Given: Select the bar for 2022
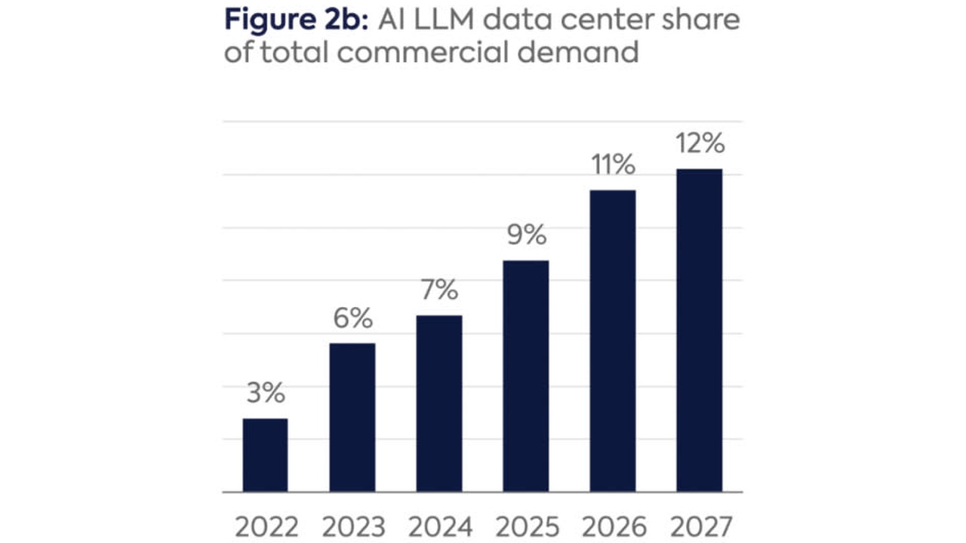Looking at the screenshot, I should coord(265,455).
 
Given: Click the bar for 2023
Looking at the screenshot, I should coord(352,417).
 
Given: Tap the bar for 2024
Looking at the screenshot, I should coord(438,403).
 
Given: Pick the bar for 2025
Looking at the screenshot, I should coord(525,376).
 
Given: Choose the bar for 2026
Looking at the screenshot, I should coord(612,341).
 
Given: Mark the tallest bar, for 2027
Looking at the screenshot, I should coord(699,330).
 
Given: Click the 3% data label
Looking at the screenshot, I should coord(265,393).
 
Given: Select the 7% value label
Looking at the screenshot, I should coord(438,290).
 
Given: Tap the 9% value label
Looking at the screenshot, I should coord(525,235).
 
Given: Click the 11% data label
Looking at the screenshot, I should coord(612,165).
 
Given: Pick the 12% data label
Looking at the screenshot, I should coord(699,143).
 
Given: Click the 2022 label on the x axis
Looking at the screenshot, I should coord(265,526).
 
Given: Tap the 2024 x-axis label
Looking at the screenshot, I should coord(438,526).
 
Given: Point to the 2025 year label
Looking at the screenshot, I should coord(525,526).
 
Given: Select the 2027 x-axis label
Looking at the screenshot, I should coord(699,526).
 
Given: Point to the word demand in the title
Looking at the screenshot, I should coord(590,54).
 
